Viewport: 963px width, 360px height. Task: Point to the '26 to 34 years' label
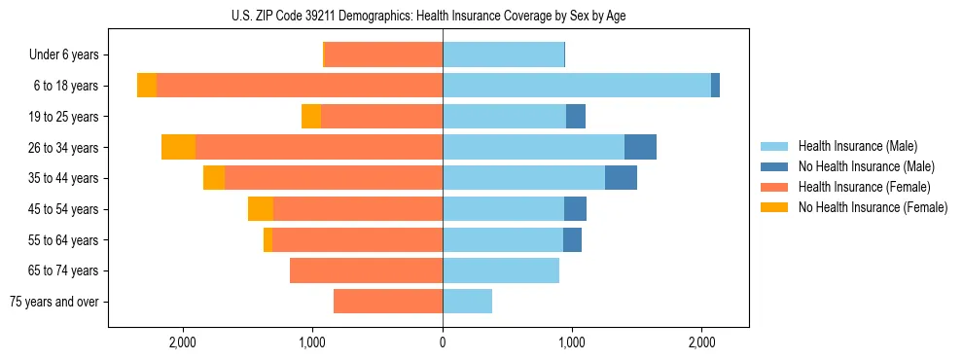tap(65, 148)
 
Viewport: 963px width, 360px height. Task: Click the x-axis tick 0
tap(443, 342)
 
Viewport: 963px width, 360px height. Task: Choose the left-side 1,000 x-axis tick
tap(312, 342)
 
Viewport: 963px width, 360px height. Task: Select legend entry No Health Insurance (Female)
tap(873, 207)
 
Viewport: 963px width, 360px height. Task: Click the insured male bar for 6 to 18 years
tap(577, 86)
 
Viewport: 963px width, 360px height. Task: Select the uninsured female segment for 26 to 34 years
tap(178, 147)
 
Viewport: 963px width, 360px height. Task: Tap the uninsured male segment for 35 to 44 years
tap(621, 178)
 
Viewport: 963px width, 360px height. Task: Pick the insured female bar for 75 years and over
tap(388, 302)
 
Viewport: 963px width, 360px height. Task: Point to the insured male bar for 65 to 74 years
tap(501, 270)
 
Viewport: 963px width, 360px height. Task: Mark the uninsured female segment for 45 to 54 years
tap(261, 209)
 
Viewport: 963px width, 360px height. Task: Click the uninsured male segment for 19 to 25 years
tap(576, 117)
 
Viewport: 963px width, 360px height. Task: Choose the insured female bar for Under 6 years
tap(383, 55)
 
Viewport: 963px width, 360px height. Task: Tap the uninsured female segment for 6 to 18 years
tap(147, 86)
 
